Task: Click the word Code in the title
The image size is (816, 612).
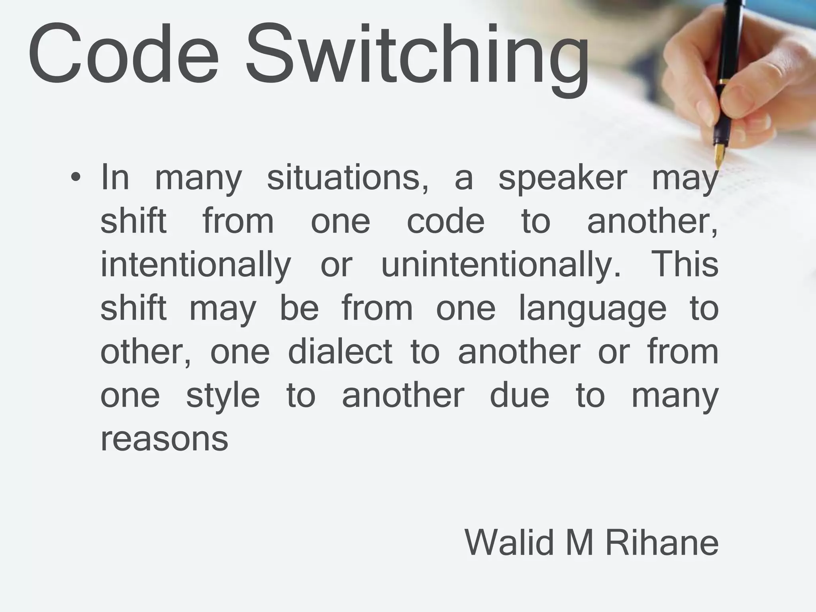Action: [124, 54]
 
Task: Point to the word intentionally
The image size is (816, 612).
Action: [196, 265]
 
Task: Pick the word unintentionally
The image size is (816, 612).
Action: [501, 265]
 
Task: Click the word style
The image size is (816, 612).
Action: [223, 396]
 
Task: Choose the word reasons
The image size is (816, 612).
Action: [164, 439]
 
